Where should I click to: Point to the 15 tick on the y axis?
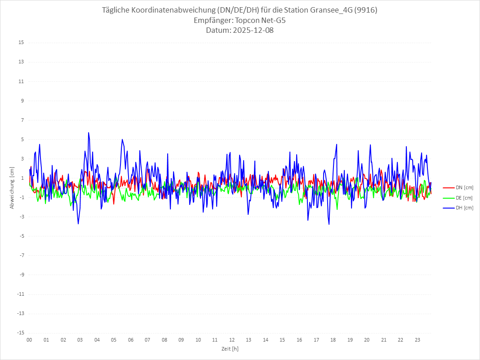click(x=21, y=43)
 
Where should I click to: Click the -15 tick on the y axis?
click(x=20, y=333)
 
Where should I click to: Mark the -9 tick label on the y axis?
click(x=21, y=275)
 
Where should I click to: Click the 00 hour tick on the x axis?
click(x=29, y=340)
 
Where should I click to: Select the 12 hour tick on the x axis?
click(x=232, y=340)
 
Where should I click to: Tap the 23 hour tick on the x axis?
click(x=418, y=340)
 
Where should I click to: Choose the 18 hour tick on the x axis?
click(x=333, y=340)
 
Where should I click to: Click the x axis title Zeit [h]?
click(x=230, y=349)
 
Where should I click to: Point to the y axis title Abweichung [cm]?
click(x=12, y=188)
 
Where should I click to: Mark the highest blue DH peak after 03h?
click(x=89, y=133)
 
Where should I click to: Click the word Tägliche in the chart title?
click(x=117, y=10)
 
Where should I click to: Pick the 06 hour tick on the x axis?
click(x=130, y=340)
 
